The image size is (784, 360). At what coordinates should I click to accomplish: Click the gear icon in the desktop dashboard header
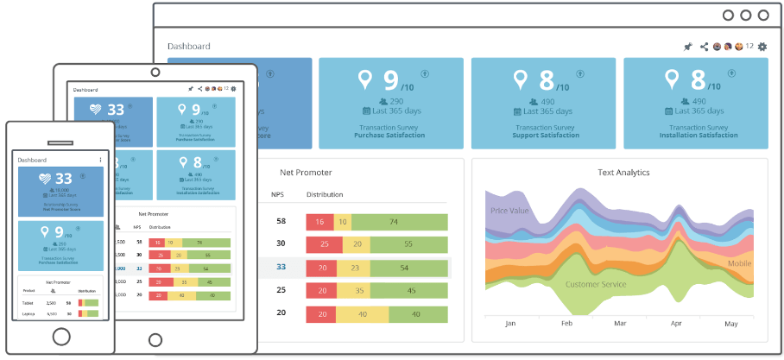pos(762,47)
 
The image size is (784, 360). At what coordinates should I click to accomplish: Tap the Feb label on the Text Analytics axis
pos(567,324)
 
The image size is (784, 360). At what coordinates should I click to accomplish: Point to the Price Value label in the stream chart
pos(510,211)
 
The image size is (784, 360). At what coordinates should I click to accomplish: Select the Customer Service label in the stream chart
pos(596,284)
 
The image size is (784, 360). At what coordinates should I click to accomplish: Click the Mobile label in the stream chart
pos(739,263)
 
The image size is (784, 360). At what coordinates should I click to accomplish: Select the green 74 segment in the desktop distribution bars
pos(401,222)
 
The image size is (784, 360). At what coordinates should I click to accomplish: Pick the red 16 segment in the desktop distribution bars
pos(319,222)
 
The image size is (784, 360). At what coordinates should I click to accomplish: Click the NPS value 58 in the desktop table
pos(281,222)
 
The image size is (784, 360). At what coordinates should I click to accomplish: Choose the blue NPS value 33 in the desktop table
pos(281,268)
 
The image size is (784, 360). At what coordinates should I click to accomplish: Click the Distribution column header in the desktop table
pos(325,195)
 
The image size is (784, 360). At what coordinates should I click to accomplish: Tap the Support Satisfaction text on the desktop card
pos(541,136)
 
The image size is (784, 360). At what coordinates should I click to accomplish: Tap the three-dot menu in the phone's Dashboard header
pos(100,160)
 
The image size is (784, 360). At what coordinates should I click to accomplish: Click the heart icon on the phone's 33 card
pos(44,180)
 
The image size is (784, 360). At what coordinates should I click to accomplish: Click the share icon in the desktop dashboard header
pos(704,47)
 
